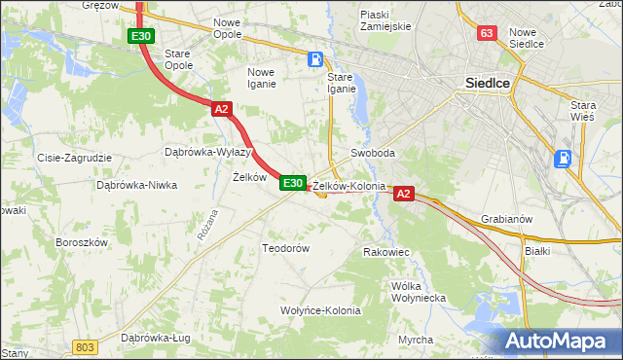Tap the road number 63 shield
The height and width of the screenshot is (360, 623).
(487, 34)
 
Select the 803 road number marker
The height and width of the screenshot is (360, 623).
(86, 347)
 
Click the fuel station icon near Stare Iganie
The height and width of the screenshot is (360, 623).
(315, 59)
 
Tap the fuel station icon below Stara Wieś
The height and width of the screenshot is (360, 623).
(563, 159)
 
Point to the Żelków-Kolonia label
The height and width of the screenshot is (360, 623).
(349, 186)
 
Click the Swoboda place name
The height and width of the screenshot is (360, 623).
(373, 154)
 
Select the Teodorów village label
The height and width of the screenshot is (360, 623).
(285, 248)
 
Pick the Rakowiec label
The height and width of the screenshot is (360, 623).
(385, 252)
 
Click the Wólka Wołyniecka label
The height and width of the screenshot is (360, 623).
(418, 292)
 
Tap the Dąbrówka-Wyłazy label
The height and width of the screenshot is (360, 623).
(208, 153)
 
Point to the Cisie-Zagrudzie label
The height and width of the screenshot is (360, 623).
(75, 158)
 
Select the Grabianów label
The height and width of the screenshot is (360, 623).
(506, 219)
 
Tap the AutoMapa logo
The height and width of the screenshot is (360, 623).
(558, 342)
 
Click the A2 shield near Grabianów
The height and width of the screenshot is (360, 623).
(404, 195)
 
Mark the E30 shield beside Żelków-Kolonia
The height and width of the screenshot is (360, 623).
(293, 183)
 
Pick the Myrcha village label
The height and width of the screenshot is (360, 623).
(416, 340)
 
